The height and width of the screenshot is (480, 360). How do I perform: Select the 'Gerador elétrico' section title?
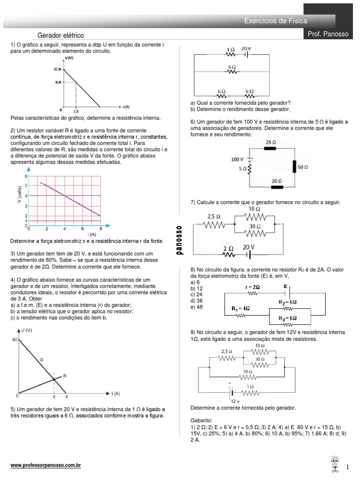pos(60,35)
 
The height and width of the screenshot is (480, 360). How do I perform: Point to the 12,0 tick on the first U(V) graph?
pos(57,69)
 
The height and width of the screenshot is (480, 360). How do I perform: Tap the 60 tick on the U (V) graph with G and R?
pos(15,339)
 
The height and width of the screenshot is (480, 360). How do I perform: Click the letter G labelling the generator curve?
pos(41,359)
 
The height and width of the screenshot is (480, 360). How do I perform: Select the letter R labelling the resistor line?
pos(65,376)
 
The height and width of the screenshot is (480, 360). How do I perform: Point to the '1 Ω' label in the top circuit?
pos(230,49)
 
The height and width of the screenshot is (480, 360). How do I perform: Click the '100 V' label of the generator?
pos(237,159)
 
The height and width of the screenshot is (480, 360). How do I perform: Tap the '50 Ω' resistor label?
pos(302,166)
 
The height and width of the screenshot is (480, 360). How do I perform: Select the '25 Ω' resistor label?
pos(270,142)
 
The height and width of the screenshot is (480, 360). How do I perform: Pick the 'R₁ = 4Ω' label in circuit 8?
pos(241,309)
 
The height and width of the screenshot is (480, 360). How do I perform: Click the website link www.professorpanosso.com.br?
pos(46,465)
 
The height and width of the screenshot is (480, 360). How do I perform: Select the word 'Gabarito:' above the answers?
pos(202,420)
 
